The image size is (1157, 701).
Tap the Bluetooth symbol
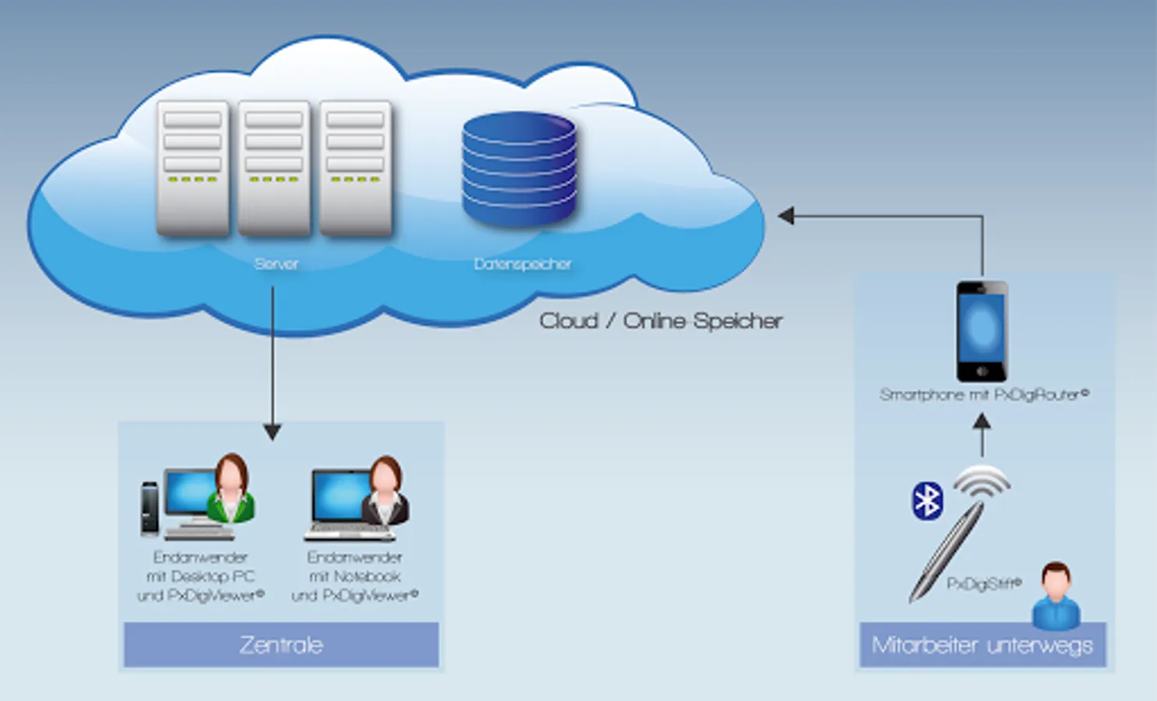(x=927, y=501)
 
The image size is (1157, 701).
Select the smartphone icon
(x=982, y=331)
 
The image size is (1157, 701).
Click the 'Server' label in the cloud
(x=276, y=264)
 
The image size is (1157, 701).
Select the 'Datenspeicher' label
(x=522, y=264)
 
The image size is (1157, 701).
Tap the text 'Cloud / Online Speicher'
(x=660, y=321)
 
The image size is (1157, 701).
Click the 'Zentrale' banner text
(x=281, y=645)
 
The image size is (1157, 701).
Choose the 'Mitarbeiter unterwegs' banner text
(x=982, y=646)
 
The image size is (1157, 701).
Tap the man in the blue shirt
(x=1056, y=596)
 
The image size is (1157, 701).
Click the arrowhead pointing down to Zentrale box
(x=272, y=432)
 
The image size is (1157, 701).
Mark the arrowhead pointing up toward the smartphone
(x=982, y=421)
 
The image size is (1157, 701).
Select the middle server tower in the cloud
(x=274, y=167)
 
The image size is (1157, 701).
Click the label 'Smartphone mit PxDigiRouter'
(x=983, y=395)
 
